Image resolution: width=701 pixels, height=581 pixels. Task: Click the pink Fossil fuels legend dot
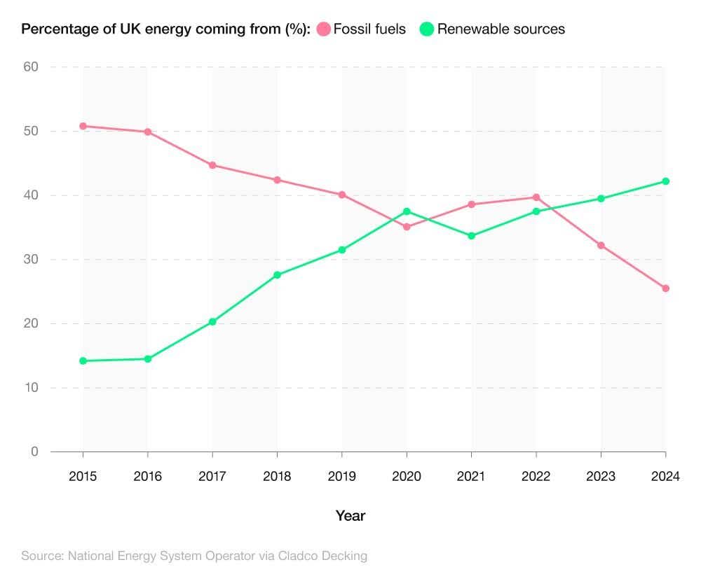click(324, 29)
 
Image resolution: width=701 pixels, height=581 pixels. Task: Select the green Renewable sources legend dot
click(427, 29)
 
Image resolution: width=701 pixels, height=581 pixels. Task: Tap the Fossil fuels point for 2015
click(83, 126)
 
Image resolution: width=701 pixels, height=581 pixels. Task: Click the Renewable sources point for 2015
click(83, 361)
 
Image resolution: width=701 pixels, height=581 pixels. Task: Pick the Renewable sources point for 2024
click(666, 181)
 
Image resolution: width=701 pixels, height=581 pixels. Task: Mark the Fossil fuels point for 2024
click(666, 288)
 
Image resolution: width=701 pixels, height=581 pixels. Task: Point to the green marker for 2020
click(407, 211)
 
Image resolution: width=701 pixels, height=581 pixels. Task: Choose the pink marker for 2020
click(407, 227)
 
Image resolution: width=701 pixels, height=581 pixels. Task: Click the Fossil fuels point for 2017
click(212, 165)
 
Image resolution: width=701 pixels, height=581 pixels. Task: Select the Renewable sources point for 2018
click(277, 275)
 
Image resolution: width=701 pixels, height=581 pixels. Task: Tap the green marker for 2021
click(472, 236)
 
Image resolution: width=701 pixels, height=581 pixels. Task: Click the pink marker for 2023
click(601, 246)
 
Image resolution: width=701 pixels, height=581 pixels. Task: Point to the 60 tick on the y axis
click(30, 67)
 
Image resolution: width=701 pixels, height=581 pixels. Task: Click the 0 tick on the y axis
click(34, 452)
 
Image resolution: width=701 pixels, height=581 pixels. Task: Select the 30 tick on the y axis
click(30, 260)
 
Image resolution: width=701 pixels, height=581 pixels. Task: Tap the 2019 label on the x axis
click(342, 477)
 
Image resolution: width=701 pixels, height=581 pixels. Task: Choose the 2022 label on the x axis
click(536, 477)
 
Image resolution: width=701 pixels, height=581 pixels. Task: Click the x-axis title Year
click(350, 517)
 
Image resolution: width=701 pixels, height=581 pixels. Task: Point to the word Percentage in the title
click(56, 29)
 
